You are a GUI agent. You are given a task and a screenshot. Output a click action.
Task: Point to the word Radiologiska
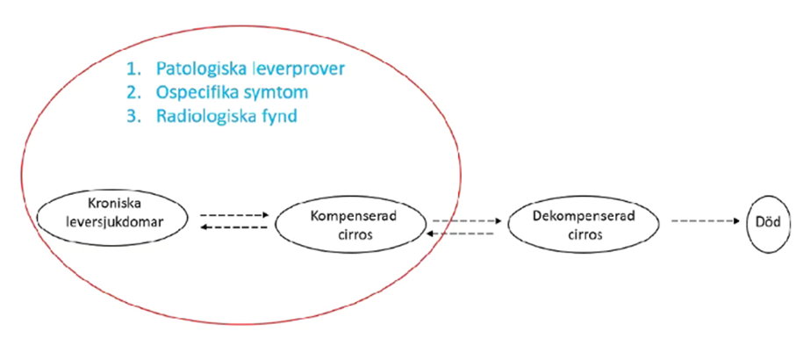(202, 116)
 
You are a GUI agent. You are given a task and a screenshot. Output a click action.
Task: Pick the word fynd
(278, 116)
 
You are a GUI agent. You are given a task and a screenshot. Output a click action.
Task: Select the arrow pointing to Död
(706, 221)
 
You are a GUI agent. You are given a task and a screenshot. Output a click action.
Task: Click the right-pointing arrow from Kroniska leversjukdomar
(233, 214)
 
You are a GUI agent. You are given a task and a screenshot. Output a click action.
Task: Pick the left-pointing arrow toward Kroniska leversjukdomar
(233, 227)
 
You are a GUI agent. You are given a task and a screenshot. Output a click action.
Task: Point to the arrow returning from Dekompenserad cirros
(465, 233)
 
